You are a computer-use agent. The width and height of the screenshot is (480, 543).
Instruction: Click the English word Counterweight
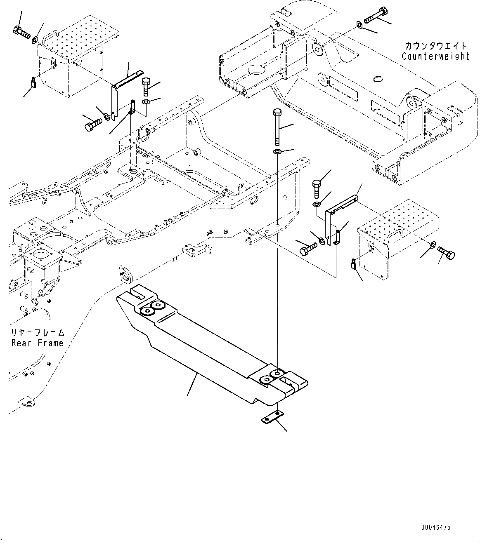pos(435,56)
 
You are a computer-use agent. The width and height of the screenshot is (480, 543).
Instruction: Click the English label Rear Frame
pos(38,343)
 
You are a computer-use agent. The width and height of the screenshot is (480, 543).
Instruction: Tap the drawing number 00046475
pos(436,528)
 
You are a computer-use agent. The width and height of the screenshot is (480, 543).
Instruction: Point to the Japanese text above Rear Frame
pos(38,332)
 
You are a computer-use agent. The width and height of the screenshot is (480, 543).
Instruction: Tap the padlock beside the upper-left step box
pos(33,82)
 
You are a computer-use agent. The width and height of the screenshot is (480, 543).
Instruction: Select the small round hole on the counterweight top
pos(378,78)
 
